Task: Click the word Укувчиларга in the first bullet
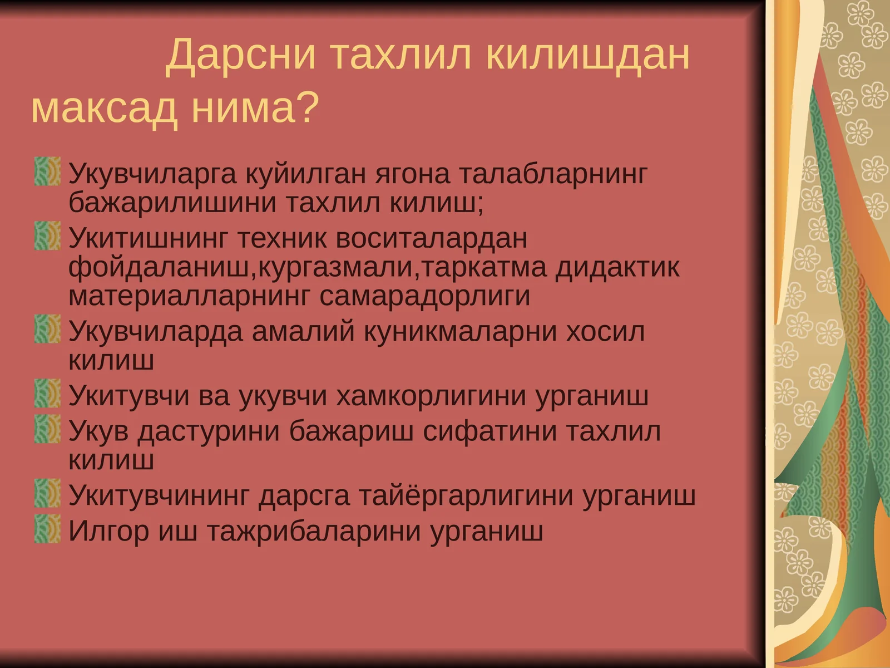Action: pyautogui.click(x=152, y=174)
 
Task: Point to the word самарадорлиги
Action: pyautogui.click(x=424, y=296)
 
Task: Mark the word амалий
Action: pyautogui.click(x=303, y=332)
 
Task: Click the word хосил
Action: pyautogui.click(x=605, y=332)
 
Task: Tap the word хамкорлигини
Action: pyautogui.click(x=432, y=396)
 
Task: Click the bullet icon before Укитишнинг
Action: pyautogui.click(x=47, y=235)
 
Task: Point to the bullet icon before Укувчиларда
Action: pyautogui.click(x=47, y=329)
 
